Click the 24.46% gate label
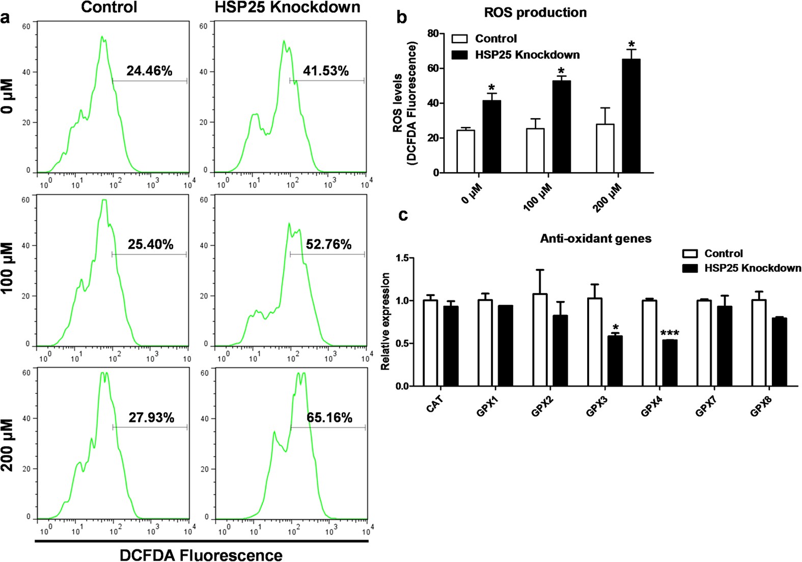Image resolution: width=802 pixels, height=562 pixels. pos(149,71)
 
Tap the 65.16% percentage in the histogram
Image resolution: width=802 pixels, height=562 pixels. pos(329,418)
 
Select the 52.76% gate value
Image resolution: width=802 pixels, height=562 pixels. pos(328,245)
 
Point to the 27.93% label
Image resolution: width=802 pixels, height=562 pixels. pos(151,418)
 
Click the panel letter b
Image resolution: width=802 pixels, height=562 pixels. pos(402,17)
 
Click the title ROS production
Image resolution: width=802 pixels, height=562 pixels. pos(535,13)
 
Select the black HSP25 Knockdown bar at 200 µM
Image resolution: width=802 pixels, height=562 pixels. pos(631,116)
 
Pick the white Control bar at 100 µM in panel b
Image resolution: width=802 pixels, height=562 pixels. pos(535,151)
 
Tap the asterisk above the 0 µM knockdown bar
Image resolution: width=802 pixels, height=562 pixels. pos(491,87)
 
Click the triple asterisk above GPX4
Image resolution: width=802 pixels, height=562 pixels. pos(670,334)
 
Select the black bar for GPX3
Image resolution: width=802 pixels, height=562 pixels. pos(615,361)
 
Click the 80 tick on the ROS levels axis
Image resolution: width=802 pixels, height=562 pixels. pos(433,34)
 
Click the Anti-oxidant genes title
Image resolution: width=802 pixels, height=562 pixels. pos(595,238)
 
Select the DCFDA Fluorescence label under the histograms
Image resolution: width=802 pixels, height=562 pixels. pos(201,555)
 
